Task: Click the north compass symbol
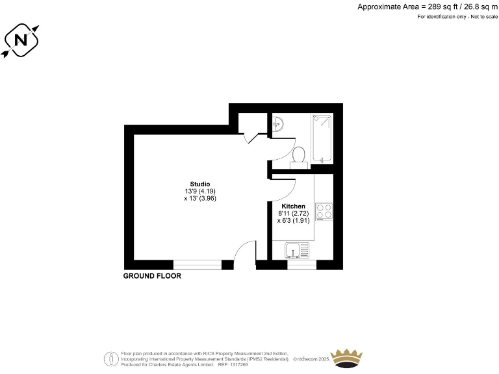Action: (x=21, y=40)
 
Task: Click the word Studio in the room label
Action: (x=199, y=184)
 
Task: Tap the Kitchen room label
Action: (x=293, y=206)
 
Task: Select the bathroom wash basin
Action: (x=277, y=123)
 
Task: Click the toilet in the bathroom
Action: (x=299, y=156)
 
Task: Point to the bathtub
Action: (x=322, y=138)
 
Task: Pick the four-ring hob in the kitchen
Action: (x=324, y=211)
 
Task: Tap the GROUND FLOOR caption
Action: (x=152, y=276)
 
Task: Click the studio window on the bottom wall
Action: (x=198, y=264)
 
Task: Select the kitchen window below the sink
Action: (x=301, y=264)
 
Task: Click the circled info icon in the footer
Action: (x=111, y=357)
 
